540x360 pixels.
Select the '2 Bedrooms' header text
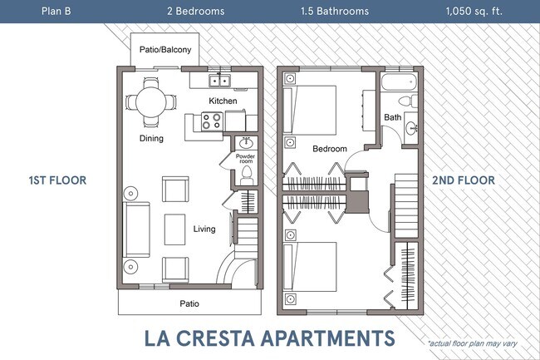(x=195, y=12)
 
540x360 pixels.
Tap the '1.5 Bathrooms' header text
(x=335, y=12)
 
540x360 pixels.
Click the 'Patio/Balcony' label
(x=164, y=50)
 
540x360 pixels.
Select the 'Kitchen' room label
(x=223, y=101)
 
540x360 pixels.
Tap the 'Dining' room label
(x=151, y=138)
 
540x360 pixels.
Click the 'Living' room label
(x=204, y=229)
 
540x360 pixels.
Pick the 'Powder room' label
(x=245, y=158)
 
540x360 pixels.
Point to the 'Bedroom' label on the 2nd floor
(x=329, y=149)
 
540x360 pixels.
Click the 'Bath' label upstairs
(x=392, y=117)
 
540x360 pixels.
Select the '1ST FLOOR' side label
(x=57, y=180)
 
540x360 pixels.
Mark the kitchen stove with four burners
(x=211, y=121)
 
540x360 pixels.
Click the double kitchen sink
(x=220, y=81)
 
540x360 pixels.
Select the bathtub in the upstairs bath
(x=401, y=83)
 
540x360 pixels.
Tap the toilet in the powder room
(x=246, y=175)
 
